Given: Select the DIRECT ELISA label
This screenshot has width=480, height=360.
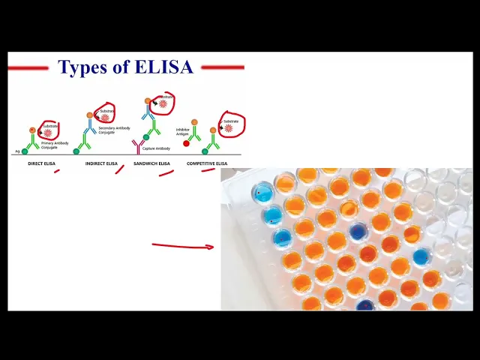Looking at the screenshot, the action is [36, 163].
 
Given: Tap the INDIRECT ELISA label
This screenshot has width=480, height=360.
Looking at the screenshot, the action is [101, 163].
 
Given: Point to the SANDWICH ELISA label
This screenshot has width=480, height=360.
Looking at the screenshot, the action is [151, 163].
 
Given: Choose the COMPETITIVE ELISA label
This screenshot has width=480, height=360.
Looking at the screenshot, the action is [207, 163].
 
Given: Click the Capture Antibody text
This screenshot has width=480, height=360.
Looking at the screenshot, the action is [158, 148].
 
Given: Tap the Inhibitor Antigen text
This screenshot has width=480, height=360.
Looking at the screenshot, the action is [183, 131].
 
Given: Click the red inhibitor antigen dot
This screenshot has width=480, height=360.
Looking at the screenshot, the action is [186, 143].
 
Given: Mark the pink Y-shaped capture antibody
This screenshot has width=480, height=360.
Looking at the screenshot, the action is [137, 145].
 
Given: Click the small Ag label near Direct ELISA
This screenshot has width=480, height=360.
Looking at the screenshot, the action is [17, 151].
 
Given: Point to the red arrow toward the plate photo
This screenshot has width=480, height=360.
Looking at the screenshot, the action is [182, 245].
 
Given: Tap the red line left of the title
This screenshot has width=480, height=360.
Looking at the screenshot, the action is [28, 68].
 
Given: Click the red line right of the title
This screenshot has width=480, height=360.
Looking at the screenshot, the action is [222, 67].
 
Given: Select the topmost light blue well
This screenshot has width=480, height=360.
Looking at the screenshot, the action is [262, 191].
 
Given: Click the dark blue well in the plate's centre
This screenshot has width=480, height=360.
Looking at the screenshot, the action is [358, 231].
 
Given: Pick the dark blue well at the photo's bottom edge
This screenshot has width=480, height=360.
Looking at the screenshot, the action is [365, 305].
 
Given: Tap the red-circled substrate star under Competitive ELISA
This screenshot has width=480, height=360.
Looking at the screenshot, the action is [229, 127].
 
